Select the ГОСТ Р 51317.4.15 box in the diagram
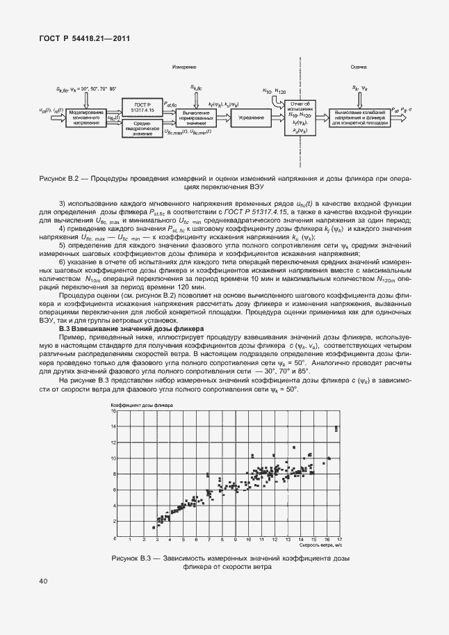coord(142,106)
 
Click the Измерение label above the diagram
coord(183,67)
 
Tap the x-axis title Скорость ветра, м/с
coord(322,546)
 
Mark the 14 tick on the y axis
coord(113,442)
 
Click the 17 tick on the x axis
coord(339,540)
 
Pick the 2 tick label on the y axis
coord(113,522)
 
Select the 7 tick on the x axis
coord(209,540)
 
